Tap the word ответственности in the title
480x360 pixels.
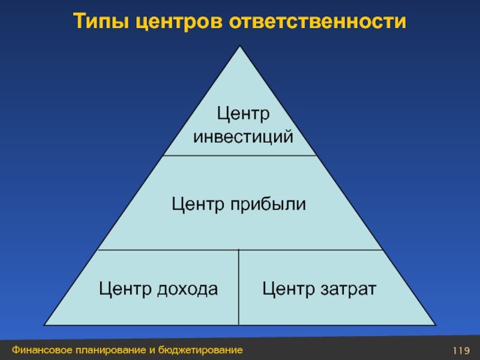click(x=317, y=21)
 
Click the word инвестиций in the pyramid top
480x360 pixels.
click(x=244, y=137)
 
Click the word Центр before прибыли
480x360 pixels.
click(x=197, y=205)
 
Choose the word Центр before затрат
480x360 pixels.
click(x=286, y=289)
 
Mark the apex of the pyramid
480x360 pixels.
click(x=240, y=47)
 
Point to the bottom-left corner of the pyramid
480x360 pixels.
click(x=45, y=326)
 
